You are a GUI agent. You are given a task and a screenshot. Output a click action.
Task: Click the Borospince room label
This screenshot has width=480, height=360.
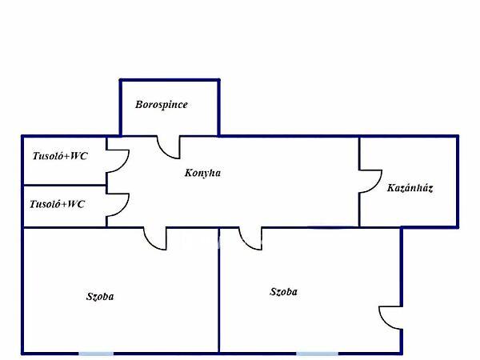[161, 105]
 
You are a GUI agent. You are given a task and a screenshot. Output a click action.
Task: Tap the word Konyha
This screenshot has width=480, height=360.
[202, 172]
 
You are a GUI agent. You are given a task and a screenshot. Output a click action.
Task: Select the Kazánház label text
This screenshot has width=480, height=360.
[410, 189]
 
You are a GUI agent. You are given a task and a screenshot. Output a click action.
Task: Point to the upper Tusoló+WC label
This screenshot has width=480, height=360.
[59, 156]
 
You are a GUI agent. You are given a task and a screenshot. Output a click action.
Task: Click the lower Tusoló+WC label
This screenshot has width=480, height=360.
[57, 204]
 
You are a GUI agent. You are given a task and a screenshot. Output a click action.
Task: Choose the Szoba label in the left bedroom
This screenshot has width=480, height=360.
[100, 297]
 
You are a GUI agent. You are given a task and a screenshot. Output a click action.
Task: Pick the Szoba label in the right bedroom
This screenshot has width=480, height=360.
[283, 292]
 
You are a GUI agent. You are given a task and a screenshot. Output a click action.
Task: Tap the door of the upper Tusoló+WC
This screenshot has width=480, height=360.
[117, 161]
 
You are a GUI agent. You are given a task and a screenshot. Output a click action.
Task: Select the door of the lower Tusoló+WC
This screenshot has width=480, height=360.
[117, 206]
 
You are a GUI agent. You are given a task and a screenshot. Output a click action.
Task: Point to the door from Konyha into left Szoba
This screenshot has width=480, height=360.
[154, 237]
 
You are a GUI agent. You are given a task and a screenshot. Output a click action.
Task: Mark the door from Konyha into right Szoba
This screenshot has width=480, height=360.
[250, 237]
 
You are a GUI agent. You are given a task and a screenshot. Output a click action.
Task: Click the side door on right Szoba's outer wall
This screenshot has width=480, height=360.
[390, 318]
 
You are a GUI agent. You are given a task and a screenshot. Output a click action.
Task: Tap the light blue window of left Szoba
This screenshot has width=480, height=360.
[96, 353]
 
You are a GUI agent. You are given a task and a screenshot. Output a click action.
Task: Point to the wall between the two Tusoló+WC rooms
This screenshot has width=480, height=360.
[64, 185]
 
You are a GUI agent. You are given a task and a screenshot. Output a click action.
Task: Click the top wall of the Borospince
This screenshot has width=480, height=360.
[170, 79]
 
